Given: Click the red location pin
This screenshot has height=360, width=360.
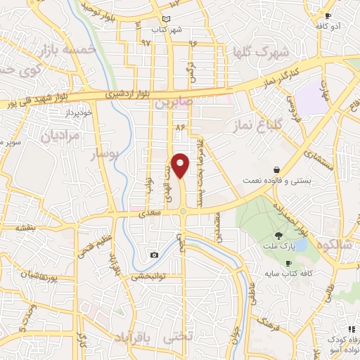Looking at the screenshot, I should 181,165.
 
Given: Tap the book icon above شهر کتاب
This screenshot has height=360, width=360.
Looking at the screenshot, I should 166,19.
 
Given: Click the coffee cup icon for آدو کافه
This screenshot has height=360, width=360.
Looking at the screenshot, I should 328,15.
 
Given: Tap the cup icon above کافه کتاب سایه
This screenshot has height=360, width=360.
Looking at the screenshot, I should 288,263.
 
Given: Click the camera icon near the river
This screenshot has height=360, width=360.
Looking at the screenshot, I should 154,255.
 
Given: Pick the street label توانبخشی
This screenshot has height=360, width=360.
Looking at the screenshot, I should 146,276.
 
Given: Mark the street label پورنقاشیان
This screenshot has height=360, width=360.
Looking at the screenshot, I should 30,278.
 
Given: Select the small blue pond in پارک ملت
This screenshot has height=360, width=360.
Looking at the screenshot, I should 299,245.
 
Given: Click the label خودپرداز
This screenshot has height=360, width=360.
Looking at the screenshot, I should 58,113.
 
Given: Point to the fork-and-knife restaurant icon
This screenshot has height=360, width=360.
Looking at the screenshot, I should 352,328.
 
